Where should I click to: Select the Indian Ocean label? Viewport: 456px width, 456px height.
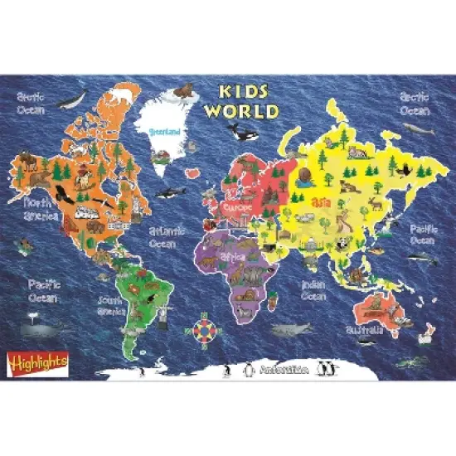pos(313,290)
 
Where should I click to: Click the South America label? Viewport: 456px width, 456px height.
pos(110,306)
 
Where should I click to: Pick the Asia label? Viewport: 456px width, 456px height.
pos(320,201)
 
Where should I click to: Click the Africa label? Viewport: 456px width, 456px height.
pos(235,258)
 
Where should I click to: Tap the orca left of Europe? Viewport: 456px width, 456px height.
pos(243,131)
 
